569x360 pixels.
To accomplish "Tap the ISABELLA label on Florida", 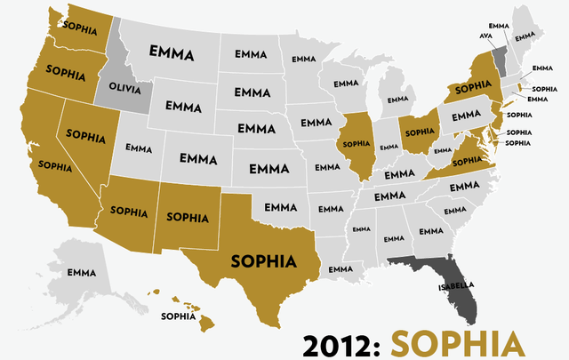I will pyautogui.click(x=456, y=286).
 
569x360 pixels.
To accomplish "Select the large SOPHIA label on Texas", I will pyautogui.click(x=263, y=261).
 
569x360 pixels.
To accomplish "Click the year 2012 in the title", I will pyautogui.click(x=341, y=344).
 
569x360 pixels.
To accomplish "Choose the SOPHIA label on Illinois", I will pyautogui.click(x=356, y=142).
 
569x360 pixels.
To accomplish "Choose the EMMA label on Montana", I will pyautogui.click(x=172, y=54).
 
